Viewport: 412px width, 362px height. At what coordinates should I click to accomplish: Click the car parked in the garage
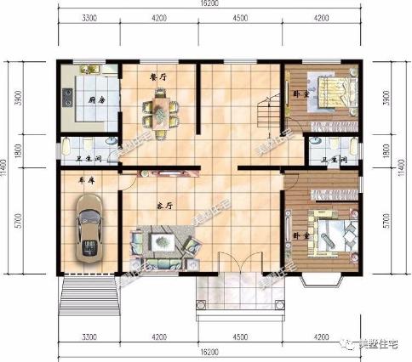89,227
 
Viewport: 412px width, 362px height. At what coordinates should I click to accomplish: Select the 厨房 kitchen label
97,99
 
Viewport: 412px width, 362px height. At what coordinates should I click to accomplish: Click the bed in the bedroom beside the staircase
328,89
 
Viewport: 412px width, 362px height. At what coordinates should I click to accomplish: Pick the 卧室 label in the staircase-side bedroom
300,93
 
